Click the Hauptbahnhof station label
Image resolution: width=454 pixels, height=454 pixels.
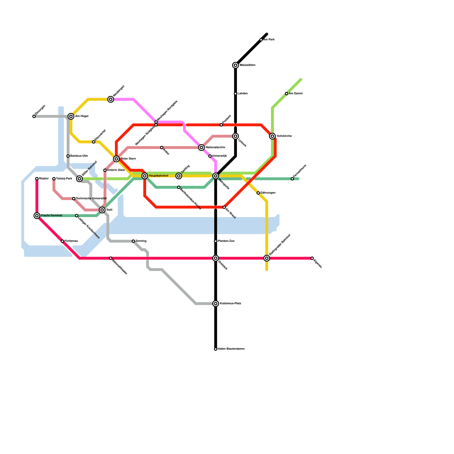(158, 176)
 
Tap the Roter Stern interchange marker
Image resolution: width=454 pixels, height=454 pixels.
(116, 159)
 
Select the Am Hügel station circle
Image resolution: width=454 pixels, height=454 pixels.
(71, 116)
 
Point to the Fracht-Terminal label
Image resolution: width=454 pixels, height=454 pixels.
(51, 216)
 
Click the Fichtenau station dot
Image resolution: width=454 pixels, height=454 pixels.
(62, 241)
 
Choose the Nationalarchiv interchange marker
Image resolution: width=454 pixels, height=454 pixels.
(201, 148)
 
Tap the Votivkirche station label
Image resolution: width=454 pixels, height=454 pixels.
(284, 136)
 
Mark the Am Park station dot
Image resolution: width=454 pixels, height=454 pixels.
(261, 40)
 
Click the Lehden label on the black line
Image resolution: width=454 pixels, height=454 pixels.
(243, 94)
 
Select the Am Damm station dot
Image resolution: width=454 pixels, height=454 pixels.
(287, 94)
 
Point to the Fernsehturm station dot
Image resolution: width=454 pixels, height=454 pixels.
(292, 179)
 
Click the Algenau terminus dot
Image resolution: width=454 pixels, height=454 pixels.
(312, 258)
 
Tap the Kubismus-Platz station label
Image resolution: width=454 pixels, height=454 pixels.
(230, 304)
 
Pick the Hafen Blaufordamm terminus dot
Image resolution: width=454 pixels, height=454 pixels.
(216, 349)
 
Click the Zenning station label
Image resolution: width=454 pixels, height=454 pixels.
(141, 241)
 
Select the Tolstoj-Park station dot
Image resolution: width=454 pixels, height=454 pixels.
(54, 179)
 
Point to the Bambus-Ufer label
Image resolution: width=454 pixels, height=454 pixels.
(79, 156)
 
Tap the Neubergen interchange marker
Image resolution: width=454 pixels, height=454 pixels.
(111, 99)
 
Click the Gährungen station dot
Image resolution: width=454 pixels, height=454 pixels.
(258, 193)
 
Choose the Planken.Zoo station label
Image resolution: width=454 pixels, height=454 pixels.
(226, 241)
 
